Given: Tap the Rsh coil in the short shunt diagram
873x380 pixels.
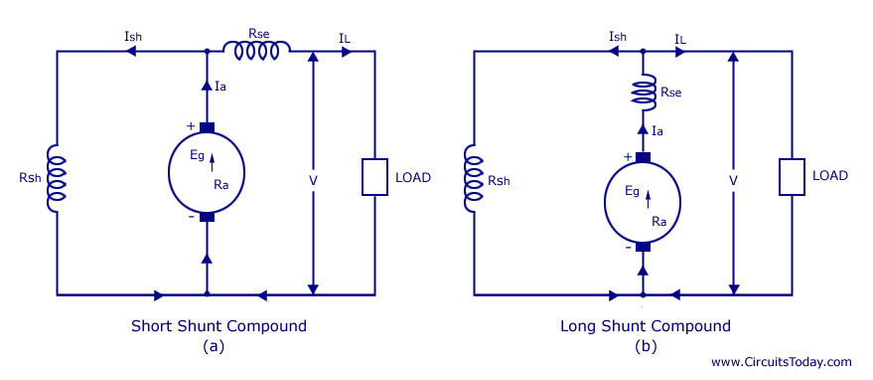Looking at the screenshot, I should click(x=58, y=176).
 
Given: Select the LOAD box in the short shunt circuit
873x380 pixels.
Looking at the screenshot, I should click(x=374, y=176).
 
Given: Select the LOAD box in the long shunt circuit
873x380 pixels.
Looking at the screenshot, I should click(x=792, y=175).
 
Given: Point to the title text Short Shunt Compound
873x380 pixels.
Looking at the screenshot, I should click(x=218, y=325).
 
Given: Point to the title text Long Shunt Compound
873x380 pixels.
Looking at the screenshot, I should click(x=646, y=325).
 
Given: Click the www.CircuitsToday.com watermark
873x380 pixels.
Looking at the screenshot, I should click(x=782, y=362).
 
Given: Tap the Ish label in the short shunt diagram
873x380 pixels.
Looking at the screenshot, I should click(x=134, y=37).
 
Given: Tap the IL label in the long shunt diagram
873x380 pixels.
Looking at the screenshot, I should click(x=681, y=38).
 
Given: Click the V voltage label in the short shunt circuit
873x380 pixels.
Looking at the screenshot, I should click(x=313, y=181).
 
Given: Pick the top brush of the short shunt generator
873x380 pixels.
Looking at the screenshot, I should click(x=207, y=126).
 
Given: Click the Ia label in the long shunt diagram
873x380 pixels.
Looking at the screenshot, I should click(x=657, y=130).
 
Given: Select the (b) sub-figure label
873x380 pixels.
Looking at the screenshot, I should click(x=645, y=345).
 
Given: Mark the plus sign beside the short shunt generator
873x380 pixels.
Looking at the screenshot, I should click(x=190, y=125).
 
